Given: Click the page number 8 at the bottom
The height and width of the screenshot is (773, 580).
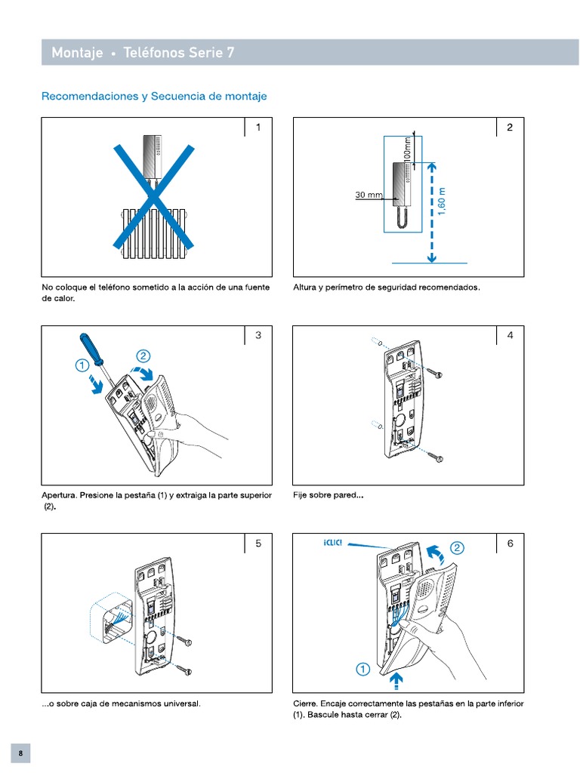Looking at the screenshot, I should tap(21, 753).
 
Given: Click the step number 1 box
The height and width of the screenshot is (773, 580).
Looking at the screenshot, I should tap(258, 128).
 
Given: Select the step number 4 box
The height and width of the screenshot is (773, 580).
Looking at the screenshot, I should tap(511, 335).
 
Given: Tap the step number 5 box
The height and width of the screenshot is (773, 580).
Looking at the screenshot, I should tap(258, 544).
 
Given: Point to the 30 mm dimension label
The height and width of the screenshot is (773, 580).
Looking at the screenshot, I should tap(369, 195).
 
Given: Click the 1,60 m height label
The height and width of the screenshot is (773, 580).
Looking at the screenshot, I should tap(443, 200).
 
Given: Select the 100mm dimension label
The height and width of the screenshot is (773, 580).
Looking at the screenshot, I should tap(408, 147).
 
